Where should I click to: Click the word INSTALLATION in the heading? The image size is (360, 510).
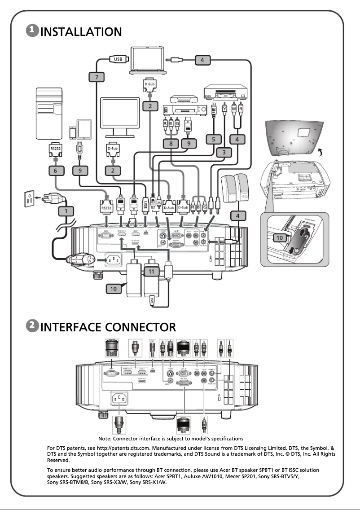(81, 32)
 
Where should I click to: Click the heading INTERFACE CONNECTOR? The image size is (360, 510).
(108, 326)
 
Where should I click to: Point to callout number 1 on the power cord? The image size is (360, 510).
(67, 211)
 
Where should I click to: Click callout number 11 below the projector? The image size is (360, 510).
(151, 271)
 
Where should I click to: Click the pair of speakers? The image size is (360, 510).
(236, 189)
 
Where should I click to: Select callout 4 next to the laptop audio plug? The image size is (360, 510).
(202, 59)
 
